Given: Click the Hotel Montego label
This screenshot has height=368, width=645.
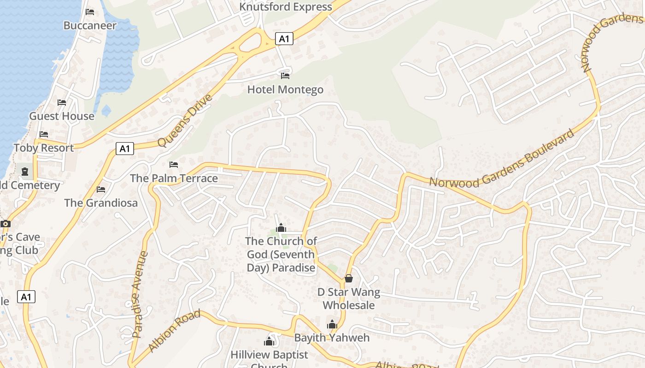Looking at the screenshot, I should point(285,89).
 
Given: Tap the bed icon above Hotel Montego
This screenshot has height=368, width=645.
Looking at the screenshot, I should point(285,75).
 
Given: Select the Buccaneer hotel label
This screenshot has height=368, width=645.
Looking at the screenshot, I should point(90,25).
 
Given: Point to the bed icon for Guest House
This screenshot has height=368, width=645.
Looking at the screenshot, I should point(62,102).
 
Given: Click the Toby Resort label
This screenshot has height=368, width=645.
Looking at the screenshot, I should point(44,148).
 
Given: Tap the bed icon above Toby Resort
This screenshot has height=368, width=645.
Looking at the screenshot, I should point(44,134).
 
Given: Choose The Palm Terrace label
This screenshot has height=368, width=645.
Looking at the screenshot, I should point(174,178).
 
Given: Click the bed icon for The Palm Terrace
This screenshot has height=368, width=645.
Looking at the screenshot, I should point(174,164).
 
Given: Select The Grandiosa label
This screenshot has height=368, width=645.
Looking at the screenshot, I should point(101,202).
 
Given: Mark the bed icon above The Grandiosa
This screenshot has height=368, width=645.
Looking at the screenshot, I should point(101,189).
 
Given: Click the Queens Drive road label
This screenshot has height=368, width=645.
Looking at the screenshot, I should point(185,121).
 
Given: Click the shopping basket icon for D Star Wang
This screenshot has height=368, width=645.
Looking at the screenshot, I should point(349,278).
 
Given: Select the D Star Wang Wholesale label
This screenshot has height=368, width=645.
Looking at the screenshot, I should point(349,299).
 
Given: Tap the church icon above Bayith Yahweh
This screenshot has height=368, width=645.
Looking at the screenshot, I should point(332,324).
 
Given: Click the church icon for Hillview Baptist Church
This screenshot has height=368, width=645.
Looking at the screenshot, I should point(269,341).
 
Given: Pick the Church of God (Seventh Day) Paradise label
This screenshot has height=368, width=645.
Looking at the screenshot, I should point(281,254).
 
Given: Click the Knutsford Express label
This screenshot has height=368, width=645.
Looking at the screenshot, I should point(286,7).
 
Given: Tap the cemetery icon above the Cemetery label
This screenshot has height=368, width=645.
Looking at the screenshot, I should point(24,172).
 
